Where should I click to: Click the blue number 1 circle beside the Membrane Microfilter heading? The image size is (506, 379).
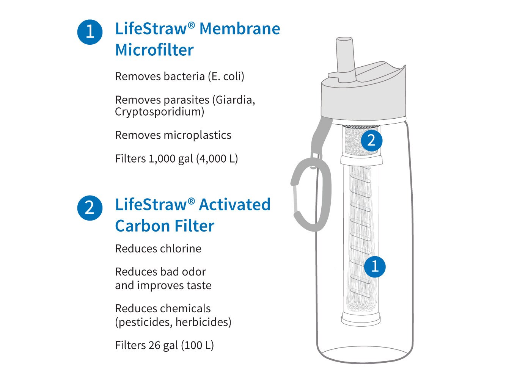(x=90, y=32)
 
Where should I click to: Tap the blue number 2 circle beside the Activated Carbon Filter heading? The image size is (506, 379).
(x=90, y=208)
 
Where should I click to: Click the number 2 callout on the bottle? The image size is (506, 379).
(x=371, y=141)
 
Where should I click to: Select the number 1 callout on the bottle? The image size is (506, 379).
(x=375, y=266)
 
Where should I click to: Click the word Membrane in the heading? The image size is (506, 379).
(x=240, y=29)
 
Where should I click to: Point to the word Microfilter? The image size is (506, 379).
(x=154, y=50)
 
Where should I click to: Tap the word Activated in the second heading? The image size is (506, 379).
(x=234, y=205)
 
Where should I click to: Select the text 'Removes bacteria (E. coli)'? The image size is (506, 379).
(x=179, y=77)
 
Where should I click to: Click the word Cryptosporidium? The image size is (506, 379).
(x=159, y=112)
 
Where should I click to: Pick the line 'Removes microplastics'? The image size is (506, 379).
(x=173, y=135)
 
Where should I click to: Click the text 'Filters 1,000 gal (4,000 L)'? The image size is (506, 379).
(x=176, y=159)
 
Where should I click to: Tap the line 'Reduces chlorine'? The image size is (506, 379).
(x=158, y=249)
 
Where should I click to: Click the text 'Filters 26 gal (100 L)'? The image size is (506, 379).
(x=164, y=346)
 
